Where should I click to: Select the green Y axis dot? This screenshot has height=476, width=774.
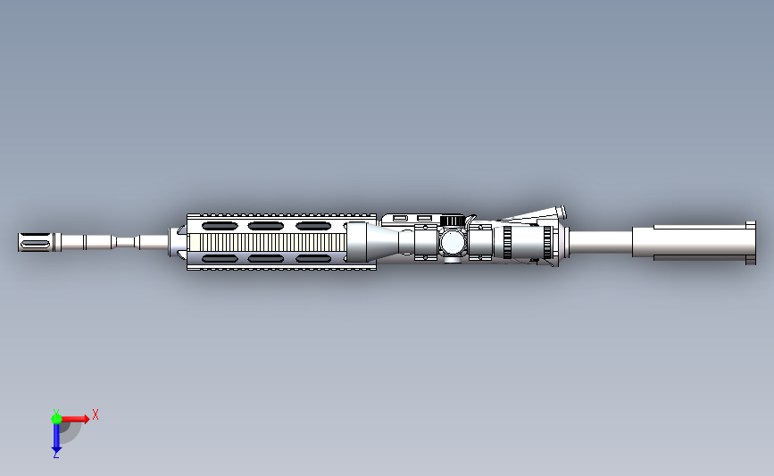click(56, 417)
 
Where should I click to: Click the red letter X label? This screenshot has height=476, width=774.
click(95, 414)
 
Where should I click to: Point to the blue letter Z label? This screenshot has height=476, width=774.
click(55, 455)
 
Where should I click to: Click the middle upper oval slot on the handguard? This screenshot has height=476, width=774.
click(266, 226)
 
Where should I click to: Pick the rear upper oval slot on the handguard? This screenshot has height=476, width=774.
click(312, 226)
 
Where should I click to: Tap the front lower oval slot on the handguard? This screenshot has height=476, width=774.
click(221, 259)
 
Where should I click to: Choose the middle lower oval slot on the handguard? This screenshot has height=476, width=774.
click(266, 259)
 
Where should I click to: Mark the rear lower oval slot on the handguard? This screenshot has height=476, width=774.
click(312, 259)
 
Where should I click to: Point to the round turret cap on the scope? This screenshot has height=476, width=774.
click(453, 241)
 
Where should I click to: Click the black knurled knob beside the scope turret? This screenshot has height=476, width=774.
click(453, 221)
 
